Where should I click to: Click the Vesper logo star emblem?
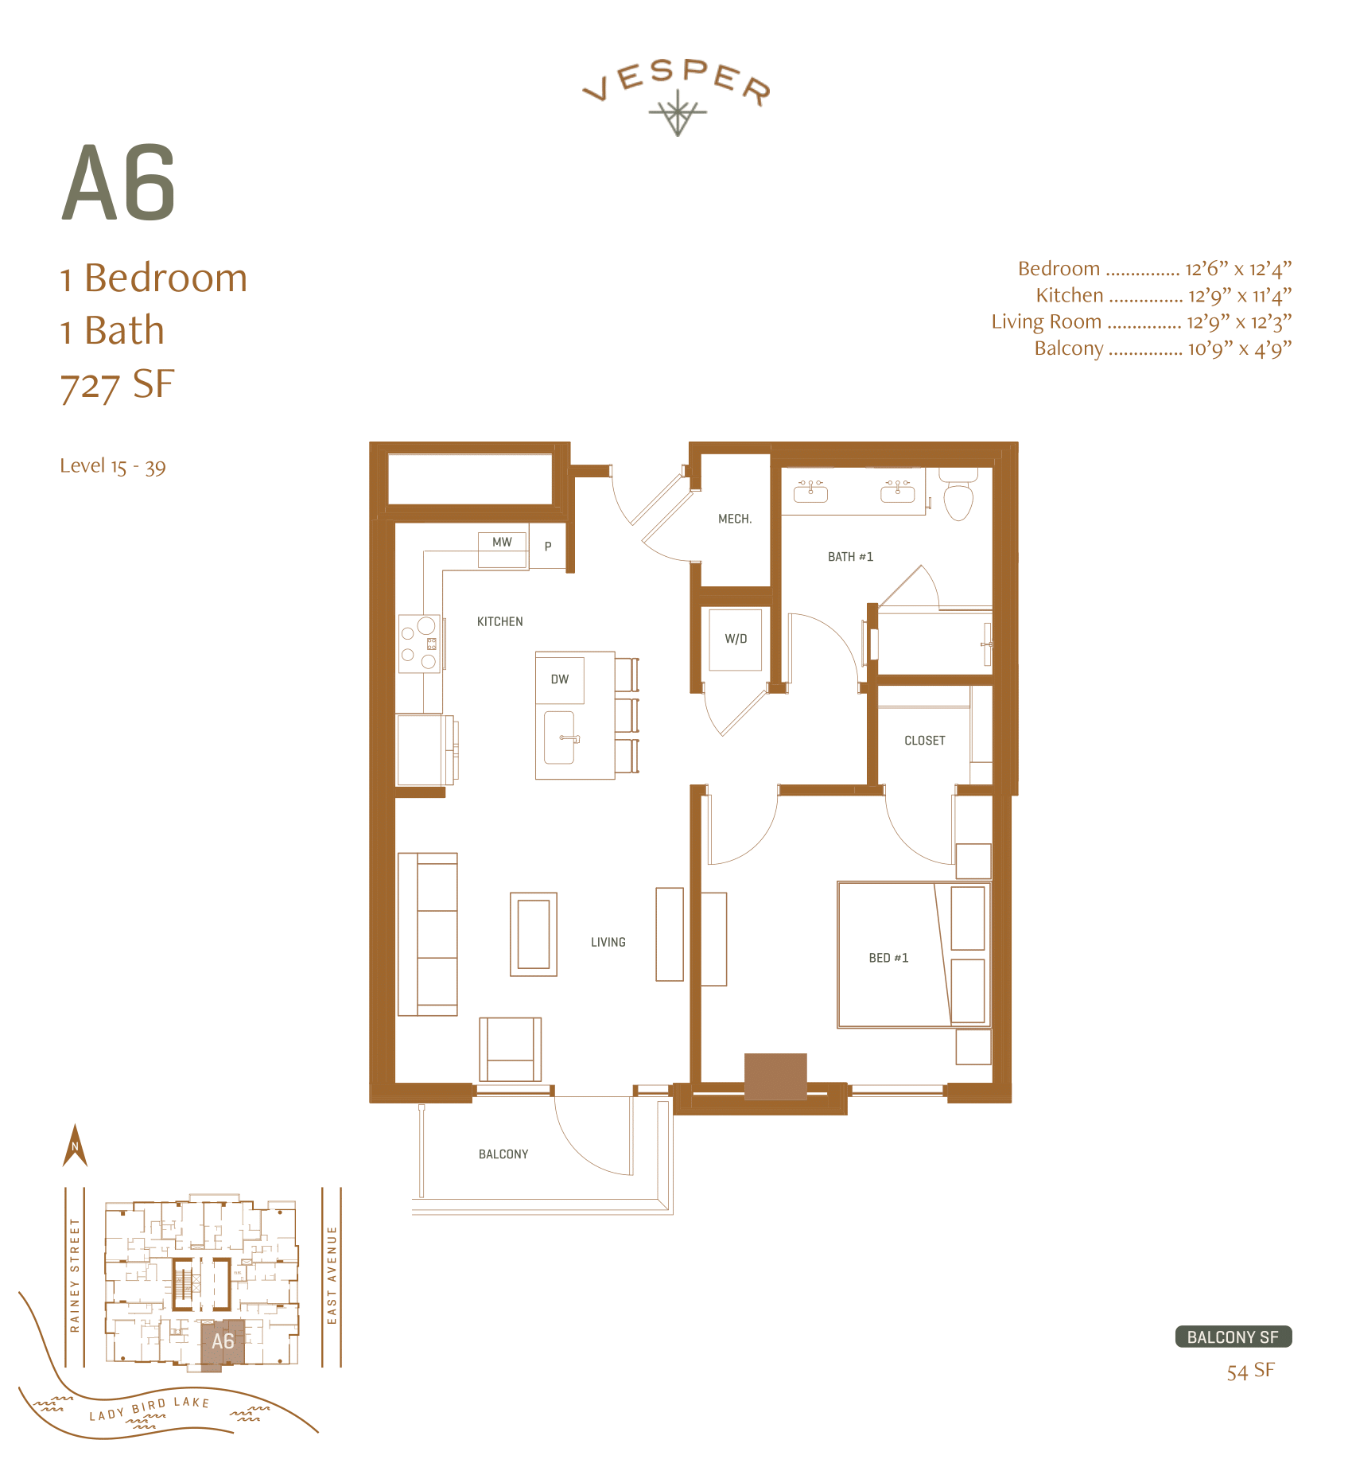pyautogui.click(x=678, y=113)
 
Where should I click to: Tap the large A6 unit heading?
pyautogui.click(x=118, y=184)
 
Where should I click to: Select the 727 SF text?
pyautogui.click(x=117, y=384)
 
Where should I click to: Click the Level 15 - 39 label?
pyautogui.click(x=113, y=466)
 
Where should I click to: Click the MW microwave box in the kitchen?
pyautogui.click(x=502, y=543)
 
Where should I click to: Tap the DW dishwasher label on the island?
pyautogui.click(x=560, y=679)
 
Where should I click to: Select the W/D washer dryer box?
pyautogui.click(x=736, y=639)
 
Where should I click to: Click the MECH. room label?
pyautogui.click(x=735, y=519)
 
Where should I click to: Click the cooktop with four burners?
pyautogui.click(x=419, y=644)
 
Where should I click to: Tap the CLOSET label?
pyautogui.click(x=924, y=741)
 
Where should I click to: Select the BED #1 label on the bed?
pyautogui.click(x=888, y=958)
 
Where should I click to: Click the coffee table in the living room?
pyautogui.click(x=534, y=934)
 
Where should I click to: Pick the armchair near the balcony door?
pyautogui.click(x=510, y=1049)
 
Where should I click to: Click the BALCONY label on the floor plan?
pyautogui.click(x=503, y=1154)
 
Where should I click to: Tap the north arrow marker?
pyautogui.click(x=75, y=1146)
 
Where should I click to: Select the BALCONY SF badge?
pyautogui.click(x=1233, y=1337)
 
